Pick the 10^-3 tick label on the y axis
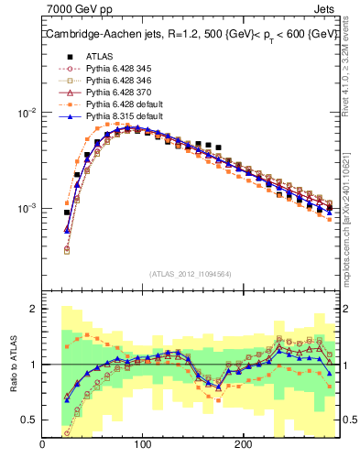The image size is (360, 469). (x=26, y=209)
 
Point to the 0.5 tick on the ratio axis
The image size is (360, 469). (x=29, y=420)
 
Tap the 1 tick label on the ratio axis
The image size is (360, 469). (x=33, y=365)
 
